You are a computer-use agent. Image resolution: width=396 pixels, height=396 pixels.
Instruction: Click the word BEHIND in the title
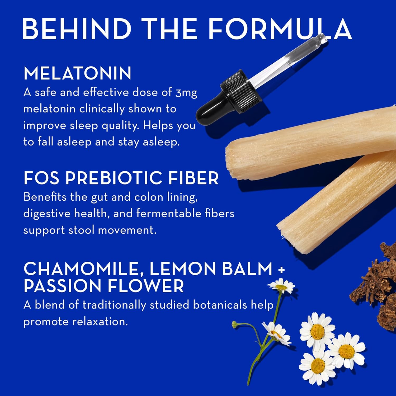(77, 29)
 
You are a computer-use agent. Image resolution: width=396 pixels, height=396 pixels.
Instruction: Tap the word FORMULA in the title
(280, 29)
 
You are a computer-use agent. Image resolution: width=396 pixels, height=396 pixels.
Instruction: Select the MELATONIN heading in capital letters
(77, 73)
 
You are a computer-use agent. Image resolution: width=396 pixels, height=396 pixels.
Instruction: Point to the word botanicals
(220, 305)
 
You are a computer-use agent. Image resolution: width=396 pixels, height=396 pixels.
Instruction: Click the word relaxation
(100, 322)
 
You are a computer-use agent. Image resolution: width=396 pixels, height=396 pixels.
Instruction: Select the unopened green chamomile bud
(234, 324)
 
